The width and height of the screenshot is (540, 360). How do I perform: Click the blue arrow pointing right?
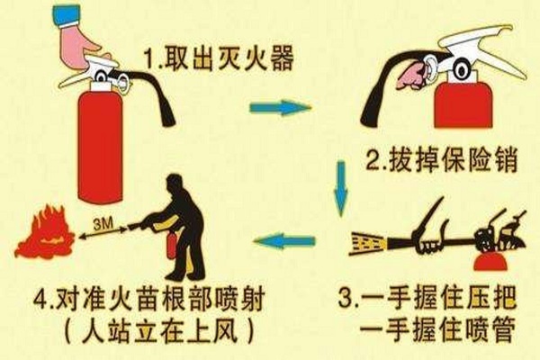[280, 107]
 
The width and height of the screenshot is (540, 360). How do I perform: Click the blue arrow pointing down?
[341, 188]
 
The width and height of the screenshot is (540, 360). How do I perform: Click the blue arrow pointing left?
[284, 240]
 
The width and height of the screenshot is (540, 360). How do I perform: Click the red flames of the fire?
[45, 232]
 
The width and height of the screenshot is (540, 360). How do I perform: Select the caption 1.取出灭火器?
[220, 58]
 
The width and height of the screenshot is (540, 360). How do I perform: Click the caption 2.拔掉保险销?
[442, 160]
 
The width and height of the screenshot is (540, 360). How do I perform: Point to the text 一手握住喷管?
[437, 329]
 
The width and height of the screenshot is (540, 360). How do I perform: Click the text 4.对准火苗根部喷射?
[149, 299]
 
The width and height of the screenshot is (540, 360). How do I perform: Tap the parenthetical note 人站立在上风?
[159, 330]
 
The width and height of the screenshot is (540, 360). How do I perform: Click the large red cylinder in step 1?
[101, 145]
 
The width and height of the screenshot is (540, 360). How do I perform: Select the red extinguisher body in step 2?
[461, 104]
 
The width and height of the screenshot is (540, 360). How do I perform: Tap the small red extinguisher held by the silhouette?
[171, 246]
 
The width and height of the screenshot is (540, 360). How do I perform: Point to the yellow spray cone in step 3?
[367, 244]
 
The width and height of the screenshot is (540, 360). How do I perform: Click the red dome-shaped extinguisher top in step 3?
[490, 262]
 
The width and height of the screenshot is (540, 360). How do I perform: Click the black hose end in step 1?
[169, 119]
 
